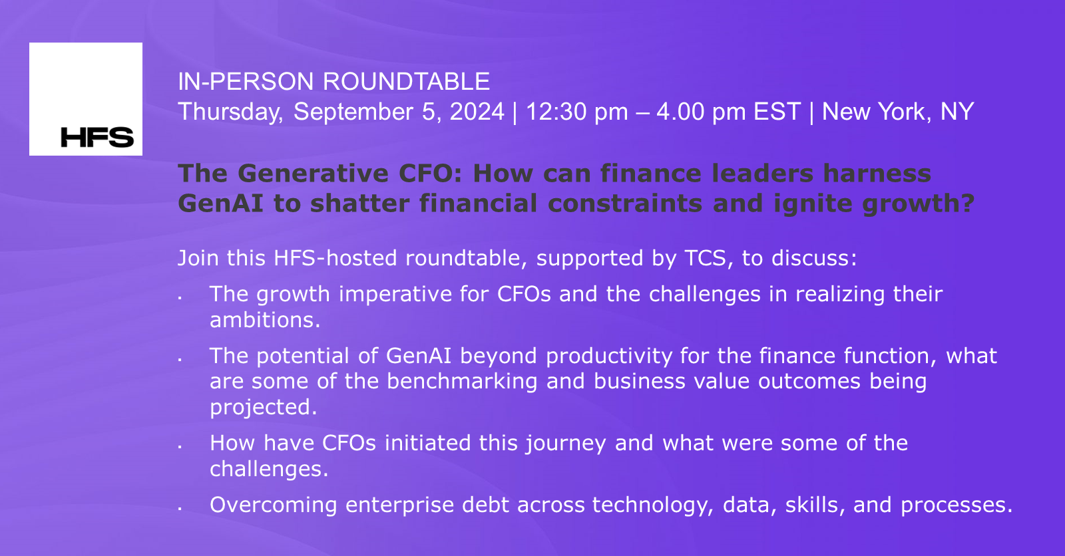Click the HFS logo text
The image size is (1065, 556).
[x=97, y=137]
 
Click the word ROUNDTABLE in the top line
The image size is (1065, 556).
[x=406, y=82]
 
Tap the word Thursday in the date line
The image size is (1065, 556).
[x=230, y=112]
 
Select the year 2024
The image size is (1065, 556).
[x=477, y=112]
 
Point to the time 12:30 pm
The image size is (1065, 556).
[x=576, y=112]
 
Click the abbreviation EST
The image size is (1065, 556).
[x=777, y=112]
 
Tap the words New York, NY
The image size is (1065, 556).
[x=898, y=112]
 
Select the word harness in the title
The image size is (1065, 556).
[x=877, y=174]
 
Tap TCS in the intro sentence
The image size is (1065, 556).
[x=705, y=258]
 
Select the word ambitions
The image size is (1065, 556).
[x=265, y=320]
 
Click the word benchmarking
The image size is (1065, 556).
[x=462, y=381]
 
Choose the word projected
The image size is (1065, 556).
[x=264, y=407]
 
